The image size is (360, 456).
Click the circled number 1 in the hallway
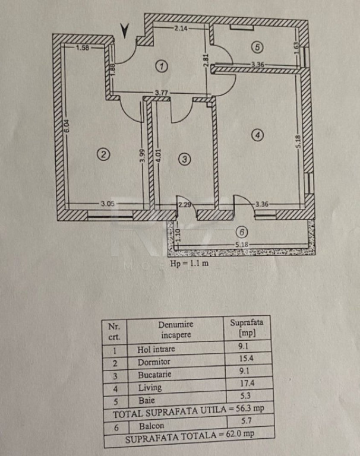[162, 66]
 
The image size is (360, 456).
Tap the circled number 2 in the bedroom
[103, 154]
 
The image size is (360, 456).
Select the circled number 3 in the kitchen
[185, 159]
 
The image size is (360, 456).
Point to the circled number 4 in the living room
[257, 135]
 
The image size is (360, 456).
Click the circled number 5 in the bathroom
[257, 46]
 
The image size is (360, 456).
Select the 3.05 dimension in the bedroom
[108, 204]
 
